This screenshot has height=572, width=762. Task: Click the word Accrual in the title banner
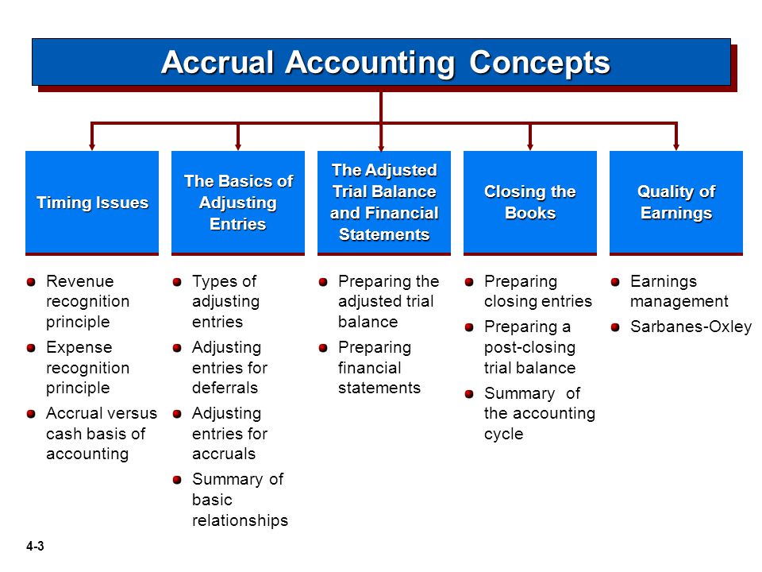pos(217,62)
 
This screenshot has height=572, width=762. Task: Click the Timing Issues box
pos(92,203)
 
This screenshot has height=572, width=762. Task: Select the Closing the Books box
pos(529,203)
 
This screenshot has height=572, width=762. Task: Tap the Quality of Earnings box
pos(676,203)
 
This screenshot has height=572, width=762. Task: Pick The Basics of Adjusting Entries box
pos(238,203)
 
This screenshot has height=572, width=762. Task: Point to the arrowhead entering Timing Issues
pos(92,146)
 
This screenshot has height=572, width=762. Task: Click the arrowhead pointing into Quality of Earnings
pos(676,146)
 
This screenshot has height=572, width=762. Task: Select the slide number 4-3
pos(35,547)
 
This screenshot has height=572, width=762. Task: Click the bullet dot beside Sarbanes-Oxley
pos(615,327)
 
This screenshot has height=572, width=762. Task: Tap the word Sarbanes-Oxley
pos(691,327)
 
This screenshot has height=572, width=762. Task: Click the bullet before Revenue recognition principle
pos(31,282)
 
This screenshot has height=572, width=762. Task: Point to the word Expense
pos(79,347)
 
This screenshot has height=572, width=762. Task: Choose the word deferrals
pos(225,388)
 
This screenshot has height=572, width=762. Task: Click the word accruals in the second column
pos(224,454)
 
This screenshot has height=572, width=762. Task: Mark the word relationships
pos(240,520)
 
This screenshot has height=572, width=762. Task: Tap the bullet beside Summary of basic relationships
pos(177,480)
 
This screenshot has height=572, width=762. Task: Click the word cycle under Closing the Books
pos(503,434)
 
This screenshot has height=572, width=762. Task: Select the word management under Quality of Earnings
pos(679,302)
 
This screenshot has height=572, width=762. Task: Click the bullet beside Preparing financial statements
pos(323,348)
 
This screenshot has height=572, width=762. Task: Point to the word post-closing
pos(529,348)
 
